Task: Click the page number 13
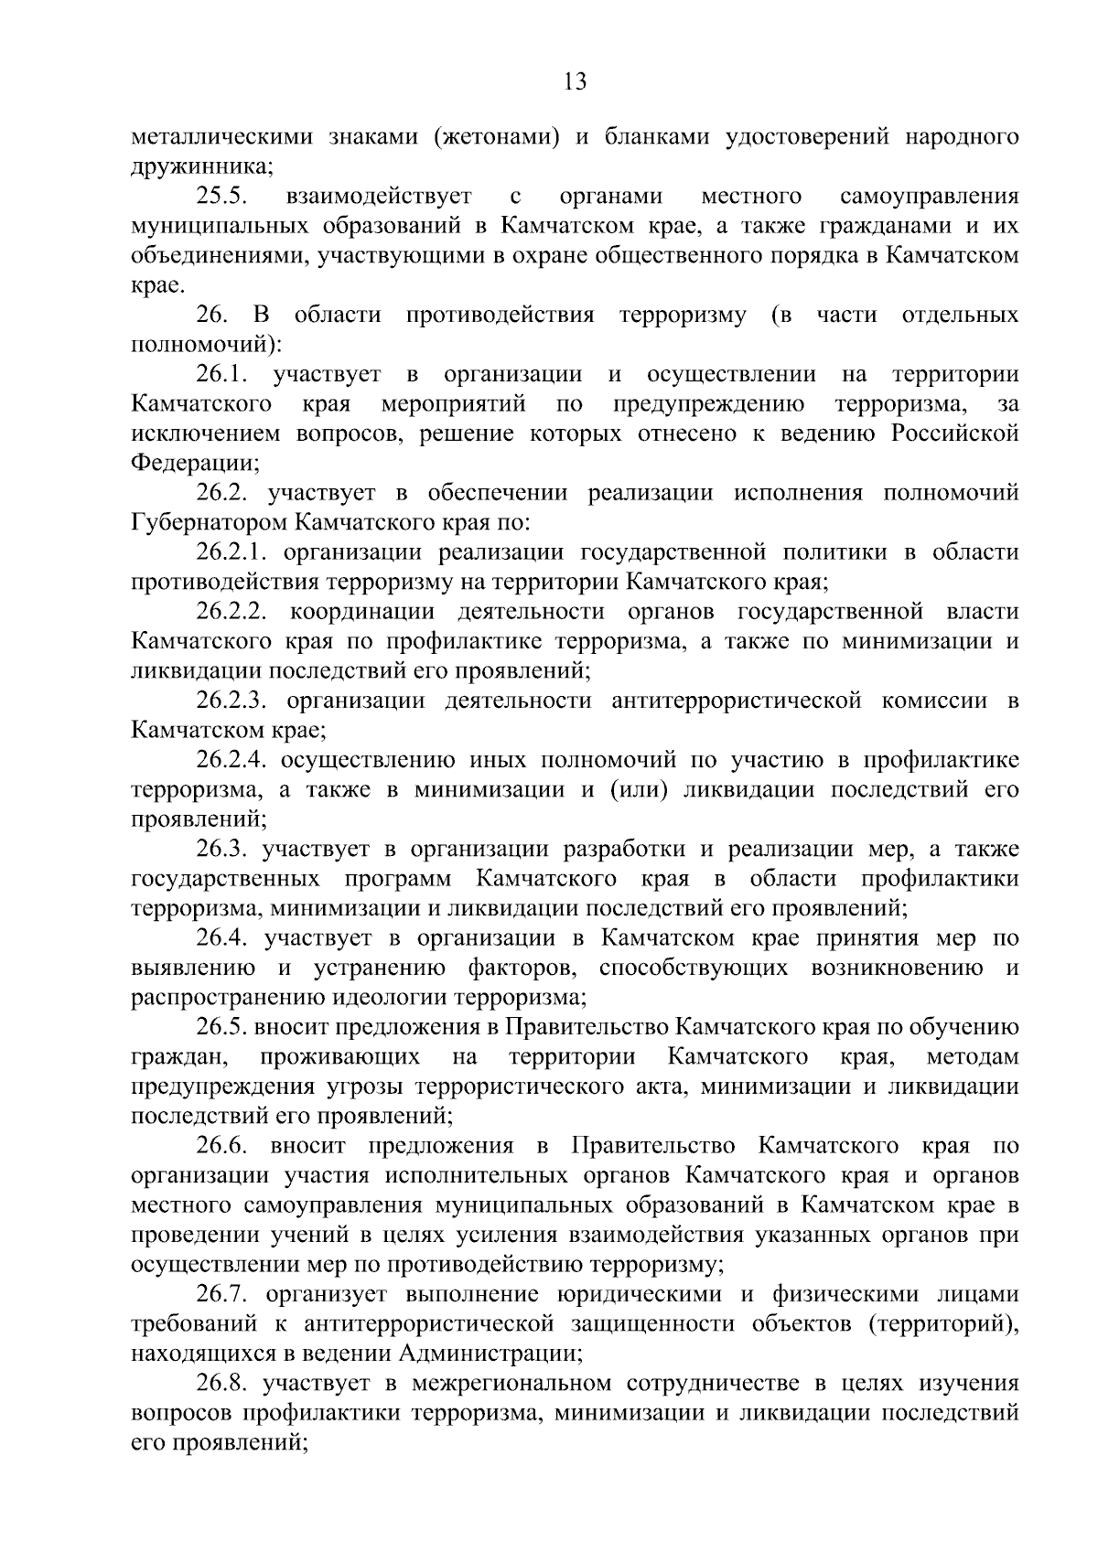576,82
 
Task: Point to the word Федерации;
195,463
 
